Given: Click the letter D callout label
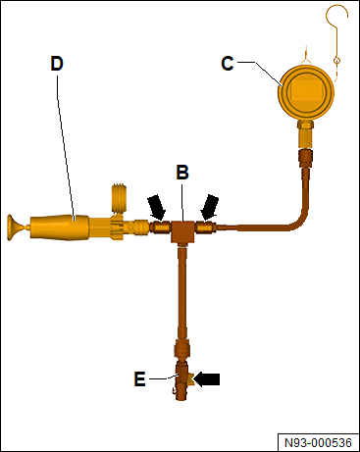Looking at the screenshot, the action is pos(57,64).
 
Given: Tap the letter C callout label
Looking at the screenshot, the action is pos(228,64).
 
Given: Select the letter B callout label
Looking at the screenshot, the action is pos(182,172).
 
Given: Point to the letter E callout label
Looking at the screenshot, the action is pos(139,379).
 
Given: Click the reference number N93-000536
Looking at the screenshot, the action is pos(318,443).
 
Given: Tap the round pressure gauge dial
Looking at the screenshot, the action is pos(306,93).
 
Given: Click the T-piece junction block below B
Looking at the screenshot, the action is pos(182,232).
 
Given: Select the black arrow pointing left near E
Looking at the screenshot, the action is pos(207,379).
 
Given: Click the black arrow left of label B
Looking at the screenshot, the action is pos(156,207).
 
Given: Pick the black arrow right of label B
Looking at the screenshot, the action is pos(210,207).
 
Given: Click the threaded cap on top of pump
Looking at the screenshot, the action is pos(119,199).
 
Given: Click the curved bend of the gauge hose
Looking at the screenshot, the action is pos(298,220).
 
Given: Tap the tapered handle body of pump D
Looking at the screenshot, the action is pos(59,227).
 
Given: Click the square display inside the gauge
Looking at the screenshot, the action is pos(307,90).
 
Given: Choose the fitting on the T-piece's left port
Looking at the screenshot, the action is pos(160,226).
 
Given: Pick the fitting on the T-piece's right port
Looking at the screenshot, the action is pos(205,226).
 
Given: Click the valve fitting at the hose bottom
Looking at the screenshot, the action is pos(181,379).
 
